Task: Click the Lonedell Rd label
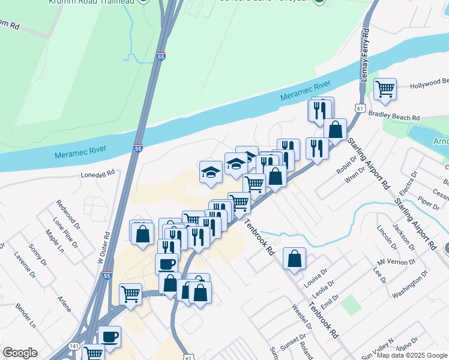[98, 176]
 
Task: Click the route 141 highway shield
[74, 347]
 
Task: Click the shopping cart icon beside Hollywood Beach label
[385, 89]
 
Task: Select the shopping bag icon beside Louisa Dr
[294, 259]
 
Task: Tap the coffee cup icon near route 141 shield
[109, 337]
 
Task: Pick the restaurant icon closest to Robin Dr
[316, 148]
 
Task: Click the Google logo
[20, 353]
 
